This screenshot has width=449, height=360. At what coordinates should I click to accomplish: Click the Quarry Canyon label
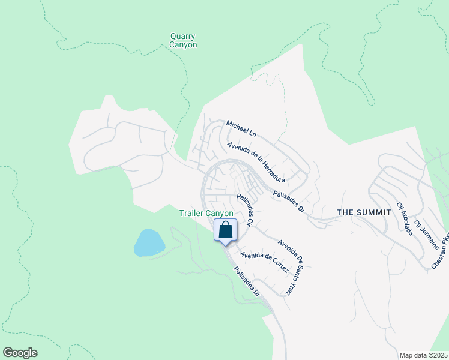pyautogui.click(x=183, y=40)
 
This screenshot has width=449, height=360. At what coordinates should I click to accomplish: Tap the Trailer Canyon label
pyautogui.click(x=206, y=213)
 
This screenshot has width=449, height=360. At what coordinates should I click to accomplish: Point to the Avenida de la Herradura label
pyautogui.click(x=256, y=161)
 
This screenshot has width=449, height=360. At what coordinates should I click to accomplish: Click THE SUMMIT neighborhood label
pyautogui.click(x=364, y=212)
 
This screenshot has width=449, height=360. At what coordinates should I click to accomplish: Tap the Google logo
pyautogui.click(x=20, y=353)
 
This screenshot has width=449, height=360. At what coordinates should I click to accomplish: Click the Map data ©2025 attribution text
pyautogui.click(x=423, y=355)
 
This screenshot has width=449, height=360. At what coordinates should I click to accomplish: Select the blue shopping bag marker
pyautogui.click(x=226, y=230)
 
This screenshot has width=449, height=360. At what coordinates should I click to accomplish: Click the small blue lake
pyautogui.click(x=149, y=242)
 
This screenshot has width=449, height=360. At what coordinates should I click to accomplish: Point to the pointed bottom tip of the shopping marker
pyautogui.click(x=226, y=245)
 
